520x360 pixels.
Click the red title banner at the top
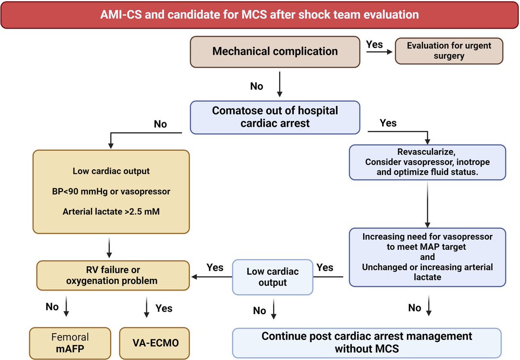tap(260, 15)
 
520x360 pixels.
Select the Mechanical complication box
tap(275, 52)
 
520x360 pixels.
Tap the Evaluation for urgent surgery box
tap(449, 51)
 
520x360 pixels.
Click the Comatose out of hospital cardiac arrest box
tap(275, 117)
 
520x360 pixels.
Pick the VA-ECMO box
tap(155, 343)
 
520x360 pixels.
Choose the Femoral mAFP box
tap(70, 343)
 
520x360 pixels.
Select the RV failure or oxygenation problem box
tap(113, 275)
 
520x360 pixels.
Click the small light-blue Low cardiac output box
tap(273, 277)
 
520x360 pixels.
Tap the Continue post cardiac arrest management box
tap(367, 343)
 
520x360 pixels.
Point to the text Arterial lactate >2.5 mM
tap(111, 211)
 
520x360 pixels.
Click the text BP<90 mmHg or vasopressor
tap(111, 191)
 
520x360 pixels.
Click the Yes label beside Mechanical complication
tap(374, 44)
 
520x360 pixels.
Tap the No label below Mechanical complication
tap(257, 86)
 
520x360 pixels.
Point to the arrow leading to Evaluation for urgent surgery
tap(379, 52)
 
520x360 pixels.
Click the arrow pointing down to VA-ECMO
tap(146, 307)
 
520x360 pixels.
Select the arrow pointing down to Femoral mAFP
tap(66, 306)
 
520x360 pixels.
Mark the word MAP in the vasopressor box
tap(427, 247)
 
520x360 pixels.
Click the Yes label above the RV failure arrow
tap(215, 267)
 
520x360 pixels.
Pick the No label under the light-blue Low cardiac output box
tap(259, 311)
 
